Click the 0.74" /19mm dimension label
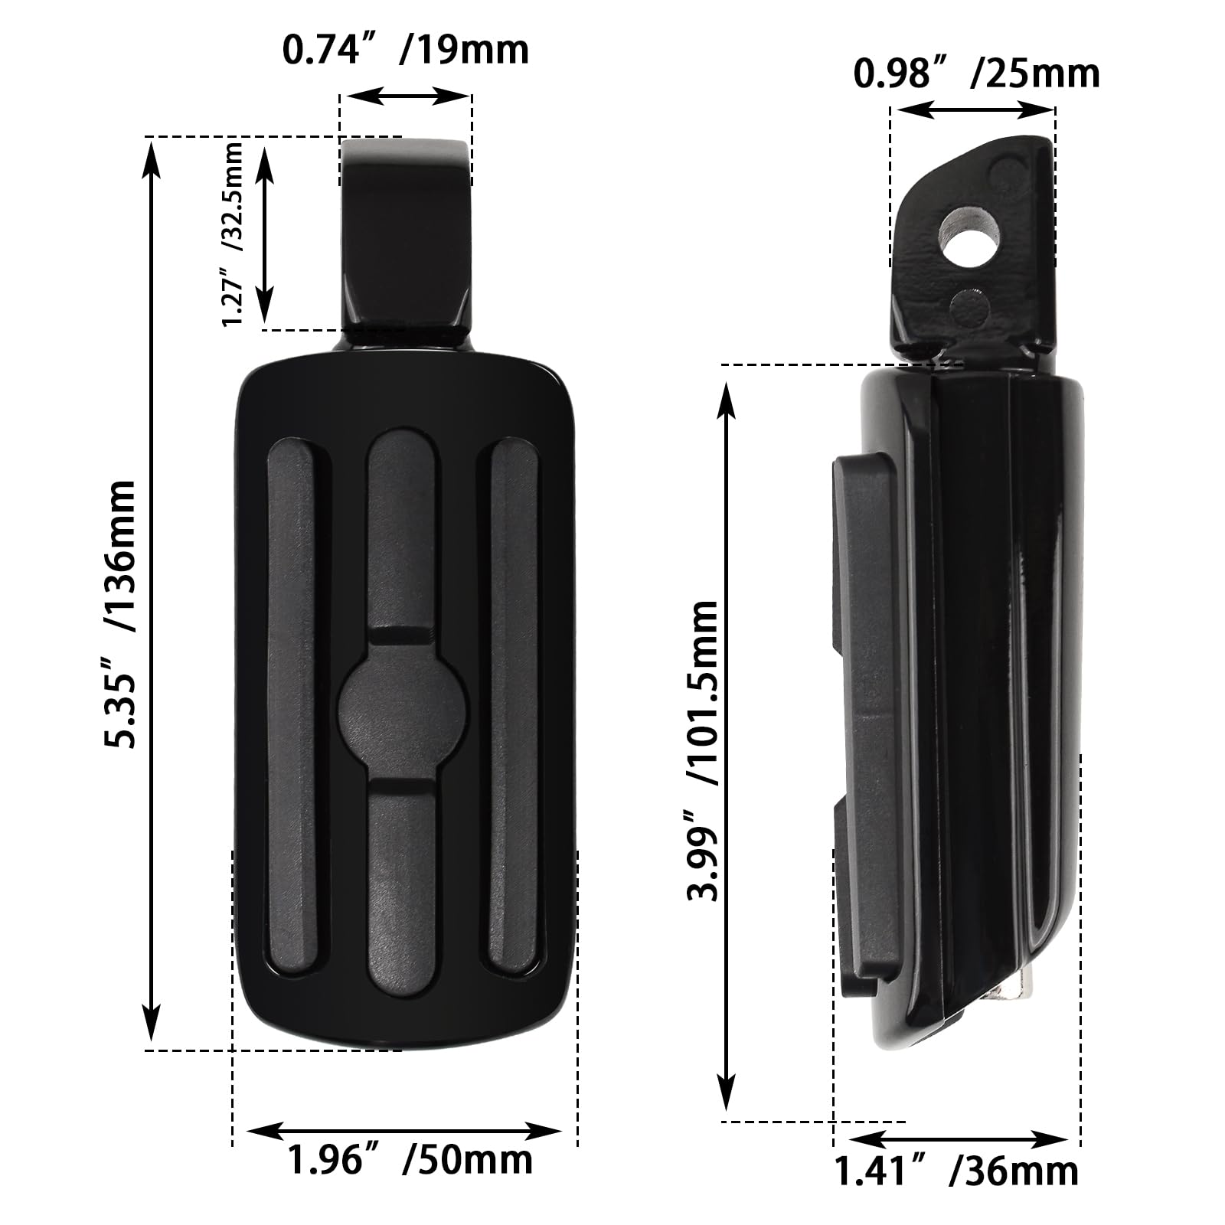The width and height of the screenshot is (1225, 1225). click(x=406, y=51)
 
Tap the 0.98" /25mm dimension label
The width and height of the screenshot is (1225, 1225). click(x=976, y=73)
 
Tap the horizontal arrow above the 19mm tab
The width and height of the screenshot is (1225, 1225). click(x=406, y=96)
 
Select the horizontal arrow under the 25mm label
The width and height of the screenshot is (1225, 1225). click(x=972, y=110)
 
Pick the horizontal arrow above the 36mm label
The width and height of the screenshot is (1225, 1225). click(x=957, y=1139)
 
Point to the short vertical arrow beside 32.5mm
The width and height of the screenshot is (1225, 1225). click(x=265, y=234)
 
